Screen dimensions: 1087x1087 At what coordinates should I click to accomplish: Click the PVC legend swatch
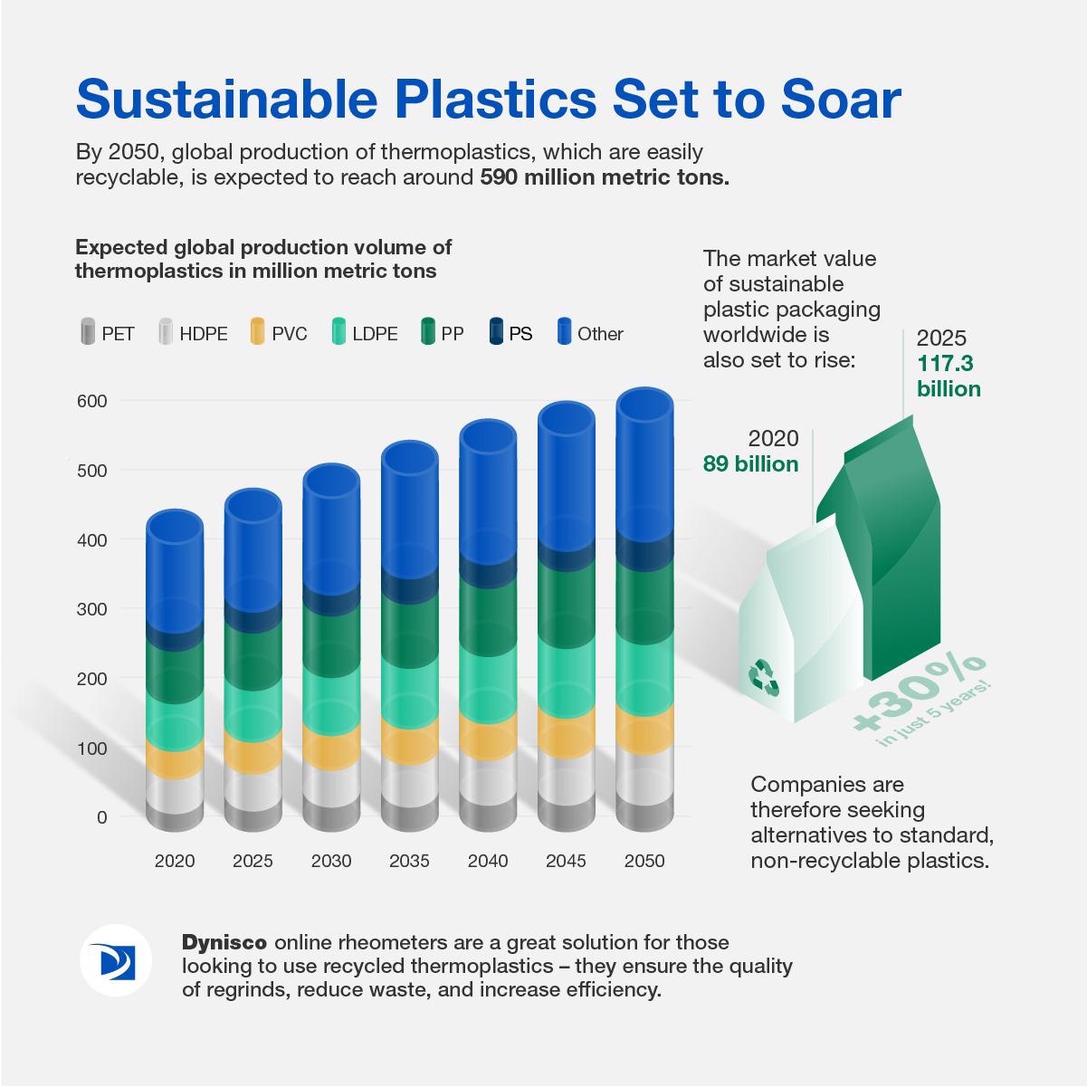tap(257, 331)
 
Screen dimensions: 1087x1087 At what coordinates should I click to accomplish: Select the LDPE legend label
tap(375, 334)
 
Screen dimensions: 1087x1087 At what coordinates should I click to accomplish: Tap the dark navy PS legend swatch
tap(496, 331)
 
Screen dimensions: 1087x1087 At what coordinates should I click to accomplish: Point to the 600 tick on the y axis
tap(92, 401)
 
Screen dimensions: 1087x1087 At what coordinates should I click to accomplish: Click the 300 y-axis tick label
tap(92, 609)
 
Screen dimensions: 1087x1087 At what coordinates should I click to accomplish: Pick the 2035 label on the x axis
tap(409, 861)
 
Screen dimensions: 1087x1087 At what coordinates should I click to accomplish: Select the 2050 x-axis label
tap(644, 861)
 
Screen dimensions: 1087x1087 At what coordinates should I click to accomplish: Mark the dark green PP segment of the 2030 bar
tap(331, 644)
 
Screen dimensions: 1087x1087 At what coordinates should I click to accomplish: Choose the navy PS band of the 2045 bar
tap(567, 556)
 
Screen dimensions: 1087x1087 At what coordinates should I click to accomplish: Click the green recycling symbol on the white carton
tap(763, 679)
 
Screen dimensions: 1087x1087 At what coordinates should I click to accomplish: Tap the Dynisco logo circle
tap(116, 960)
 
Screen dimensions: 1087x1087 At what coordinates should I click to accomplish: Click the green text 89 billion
tap(751, 463)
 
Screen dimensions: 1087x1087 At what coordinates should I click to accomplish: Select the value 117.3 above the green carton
tap(945, 363)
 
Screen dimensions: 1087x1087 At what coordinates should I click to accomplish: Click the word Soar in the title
tap(841, 100)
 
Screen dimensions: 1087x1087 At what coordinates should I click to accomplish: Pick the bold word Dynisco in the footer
tap(224, 942)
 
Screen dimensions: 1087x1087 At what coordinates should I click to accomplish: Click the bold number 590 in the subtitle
tap(499, 177)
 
